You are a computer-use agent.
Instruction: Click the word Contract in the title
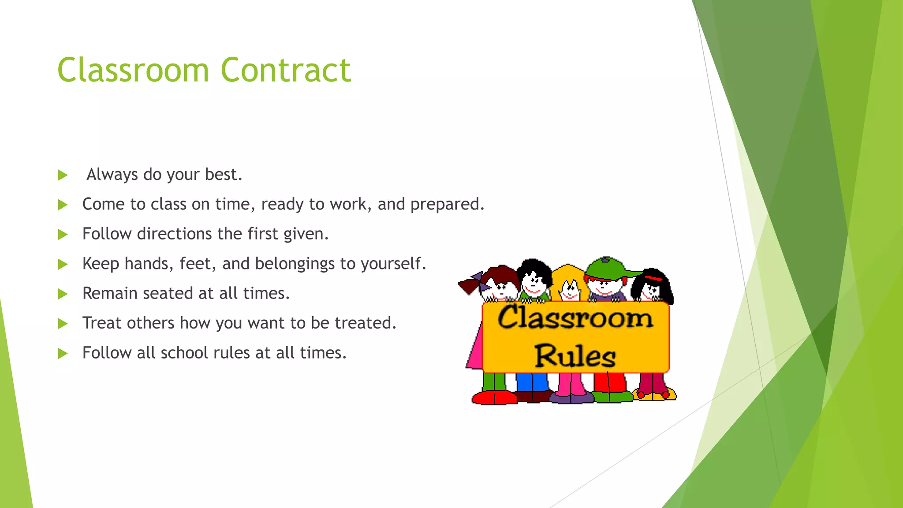click(285, 70)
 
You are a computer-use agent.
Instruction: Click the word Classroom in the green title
click(133, 70)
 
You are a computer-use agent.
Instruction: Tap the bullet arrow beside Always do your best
click(63, 175)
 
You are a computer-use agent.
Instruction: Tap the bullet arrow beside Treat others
click(63, 324)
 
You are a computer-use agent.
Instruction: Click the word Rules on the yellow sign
click(575, 356)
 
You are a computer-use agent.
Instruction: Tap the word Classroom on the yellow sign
click(575, 317)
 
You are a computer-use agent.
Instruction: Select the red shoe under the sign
click(494, 398)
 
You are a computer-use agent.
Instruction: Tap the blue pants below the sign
click(532, 381)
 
